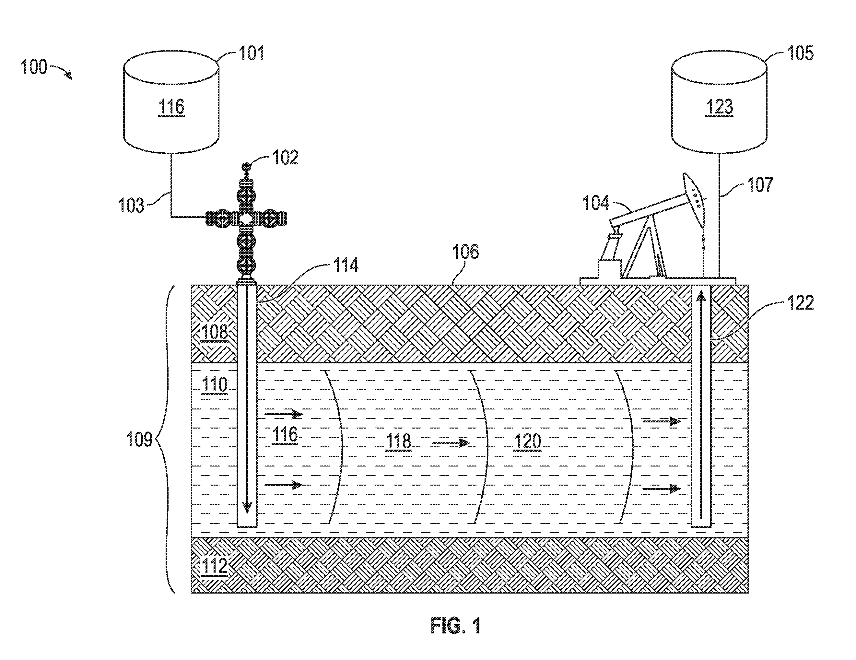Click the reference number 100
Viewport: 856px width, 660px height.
coord(34,67)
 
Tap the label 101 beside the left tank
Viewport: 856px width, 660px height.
coord(252,53)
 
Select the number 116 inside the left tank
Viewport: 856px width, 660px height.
coord(171,107)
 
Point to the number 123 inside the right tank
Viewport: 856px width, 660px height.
coord(719,107)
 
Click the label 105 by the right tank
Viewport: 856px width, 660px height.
coord(800,53)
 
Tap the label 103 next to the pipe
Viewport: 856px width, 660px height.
coord(131,206)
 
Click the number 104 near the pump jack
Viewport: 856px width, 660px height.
coord(596,203)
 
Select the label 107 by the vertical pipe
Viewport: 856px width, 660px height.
coord(760,184)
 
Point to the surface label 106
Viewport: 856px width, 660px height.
coord(466,252)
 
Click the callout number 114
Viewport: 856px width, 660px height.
coord(346,265)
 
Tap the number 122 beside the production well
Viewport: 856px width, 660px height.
coord(801,302)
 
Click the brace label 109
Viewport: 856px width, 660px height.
coord(139,439)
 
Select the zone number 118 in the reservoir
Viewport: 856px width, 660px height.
coord(398,442)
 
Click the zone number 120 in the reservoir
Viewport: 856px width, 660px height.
coord(528,442)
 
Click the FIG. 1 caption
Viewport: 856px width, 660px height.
coord(455,626)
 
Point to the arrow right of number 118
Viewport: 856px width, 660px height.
coord(451,443)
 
